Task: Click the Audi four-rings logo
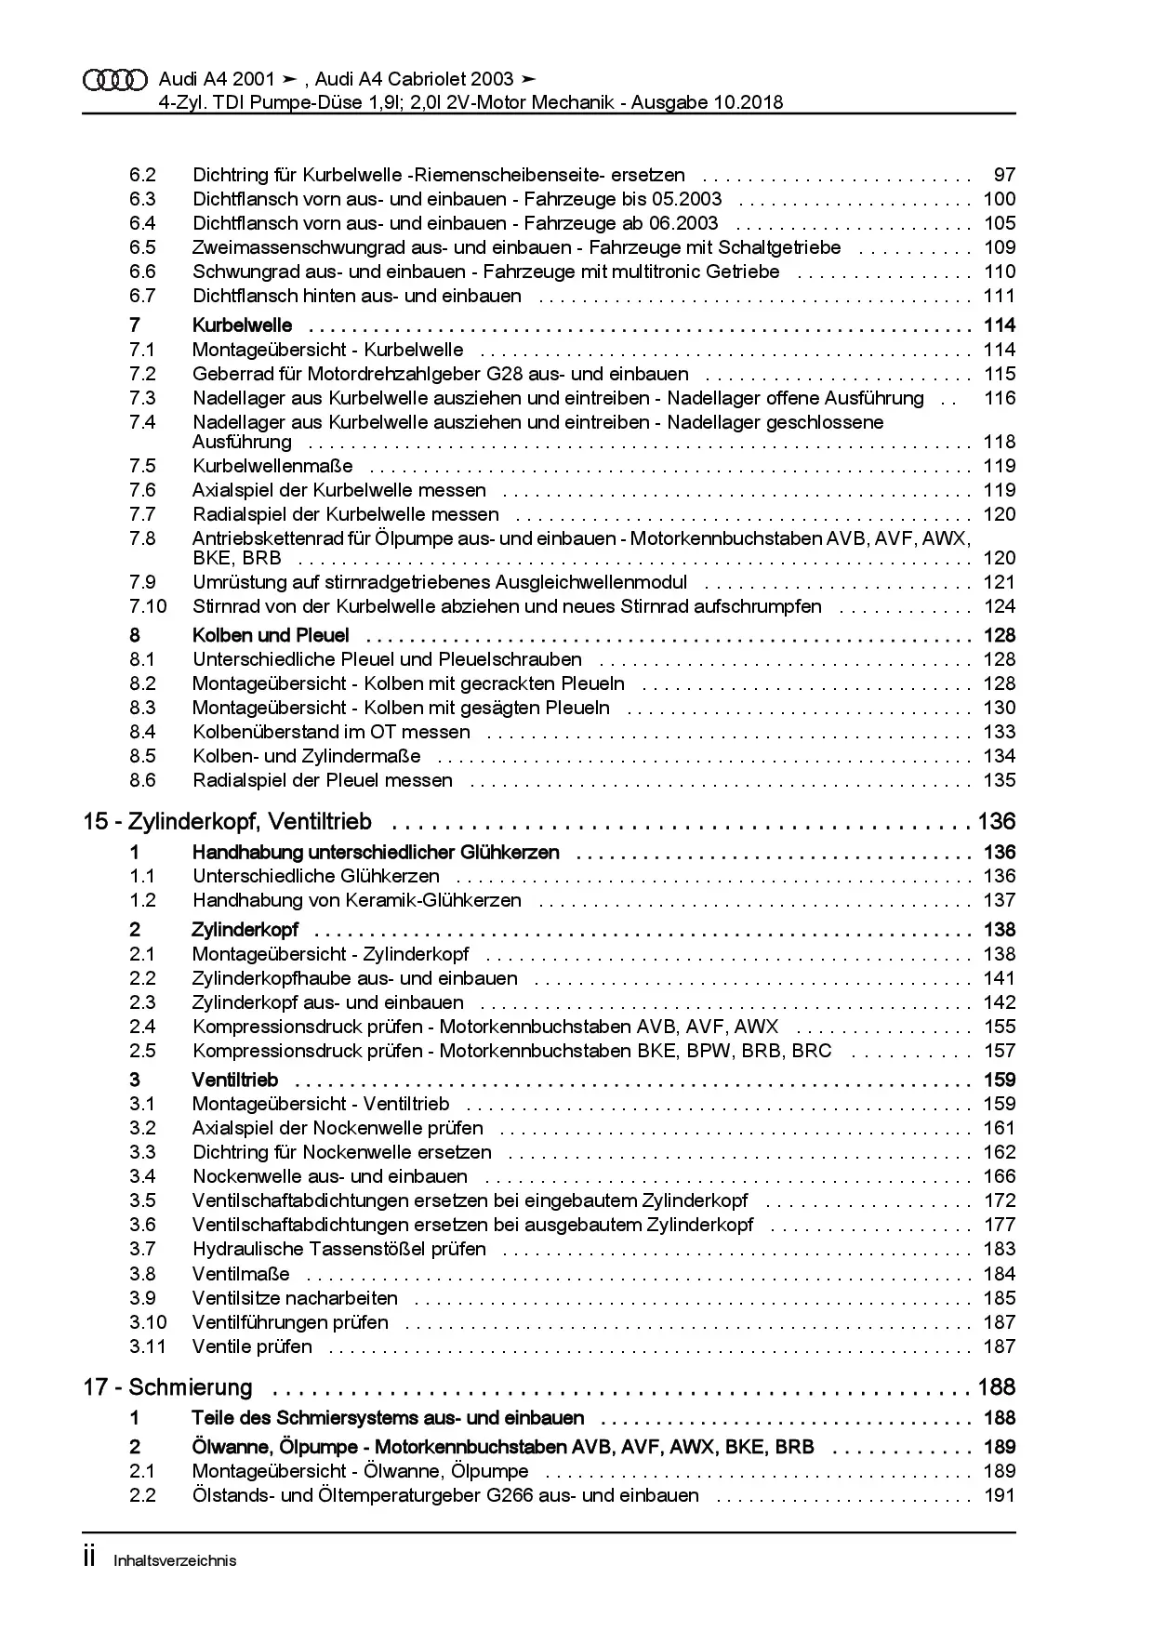click(x=115, y=80)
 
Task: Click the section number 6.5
click(x=142, y=247)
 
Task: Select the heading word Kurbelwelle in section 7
click(x=242, y=325)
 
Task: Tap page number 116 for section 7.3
click(x=1000, y=398)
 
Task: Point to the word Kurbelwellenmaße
click(x=272, y=466)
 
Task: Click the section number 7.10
click(x=148, y=606)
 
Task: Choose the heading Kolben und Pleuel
click(x=271, y=635)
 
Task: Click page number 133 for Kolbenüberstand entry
click(x=1000, y=732)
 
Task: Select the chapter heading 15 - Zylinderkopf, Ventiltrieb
click(x=227, y=821)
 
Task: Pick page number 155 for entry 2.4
click(x=1000, y=1027)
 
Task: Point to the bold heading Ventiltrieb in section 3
click(x=234, y=1080)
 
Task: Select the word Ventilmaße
click(x=241, y=1274)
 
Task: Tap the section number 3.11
click(x=148, y=1346)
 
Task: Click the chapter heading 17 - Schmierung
click(x=167, y=1387)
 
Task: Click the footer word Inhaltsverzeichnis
click(x=175, y=1560)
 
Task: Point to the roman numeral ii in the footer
click(x=89, y=1558)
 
